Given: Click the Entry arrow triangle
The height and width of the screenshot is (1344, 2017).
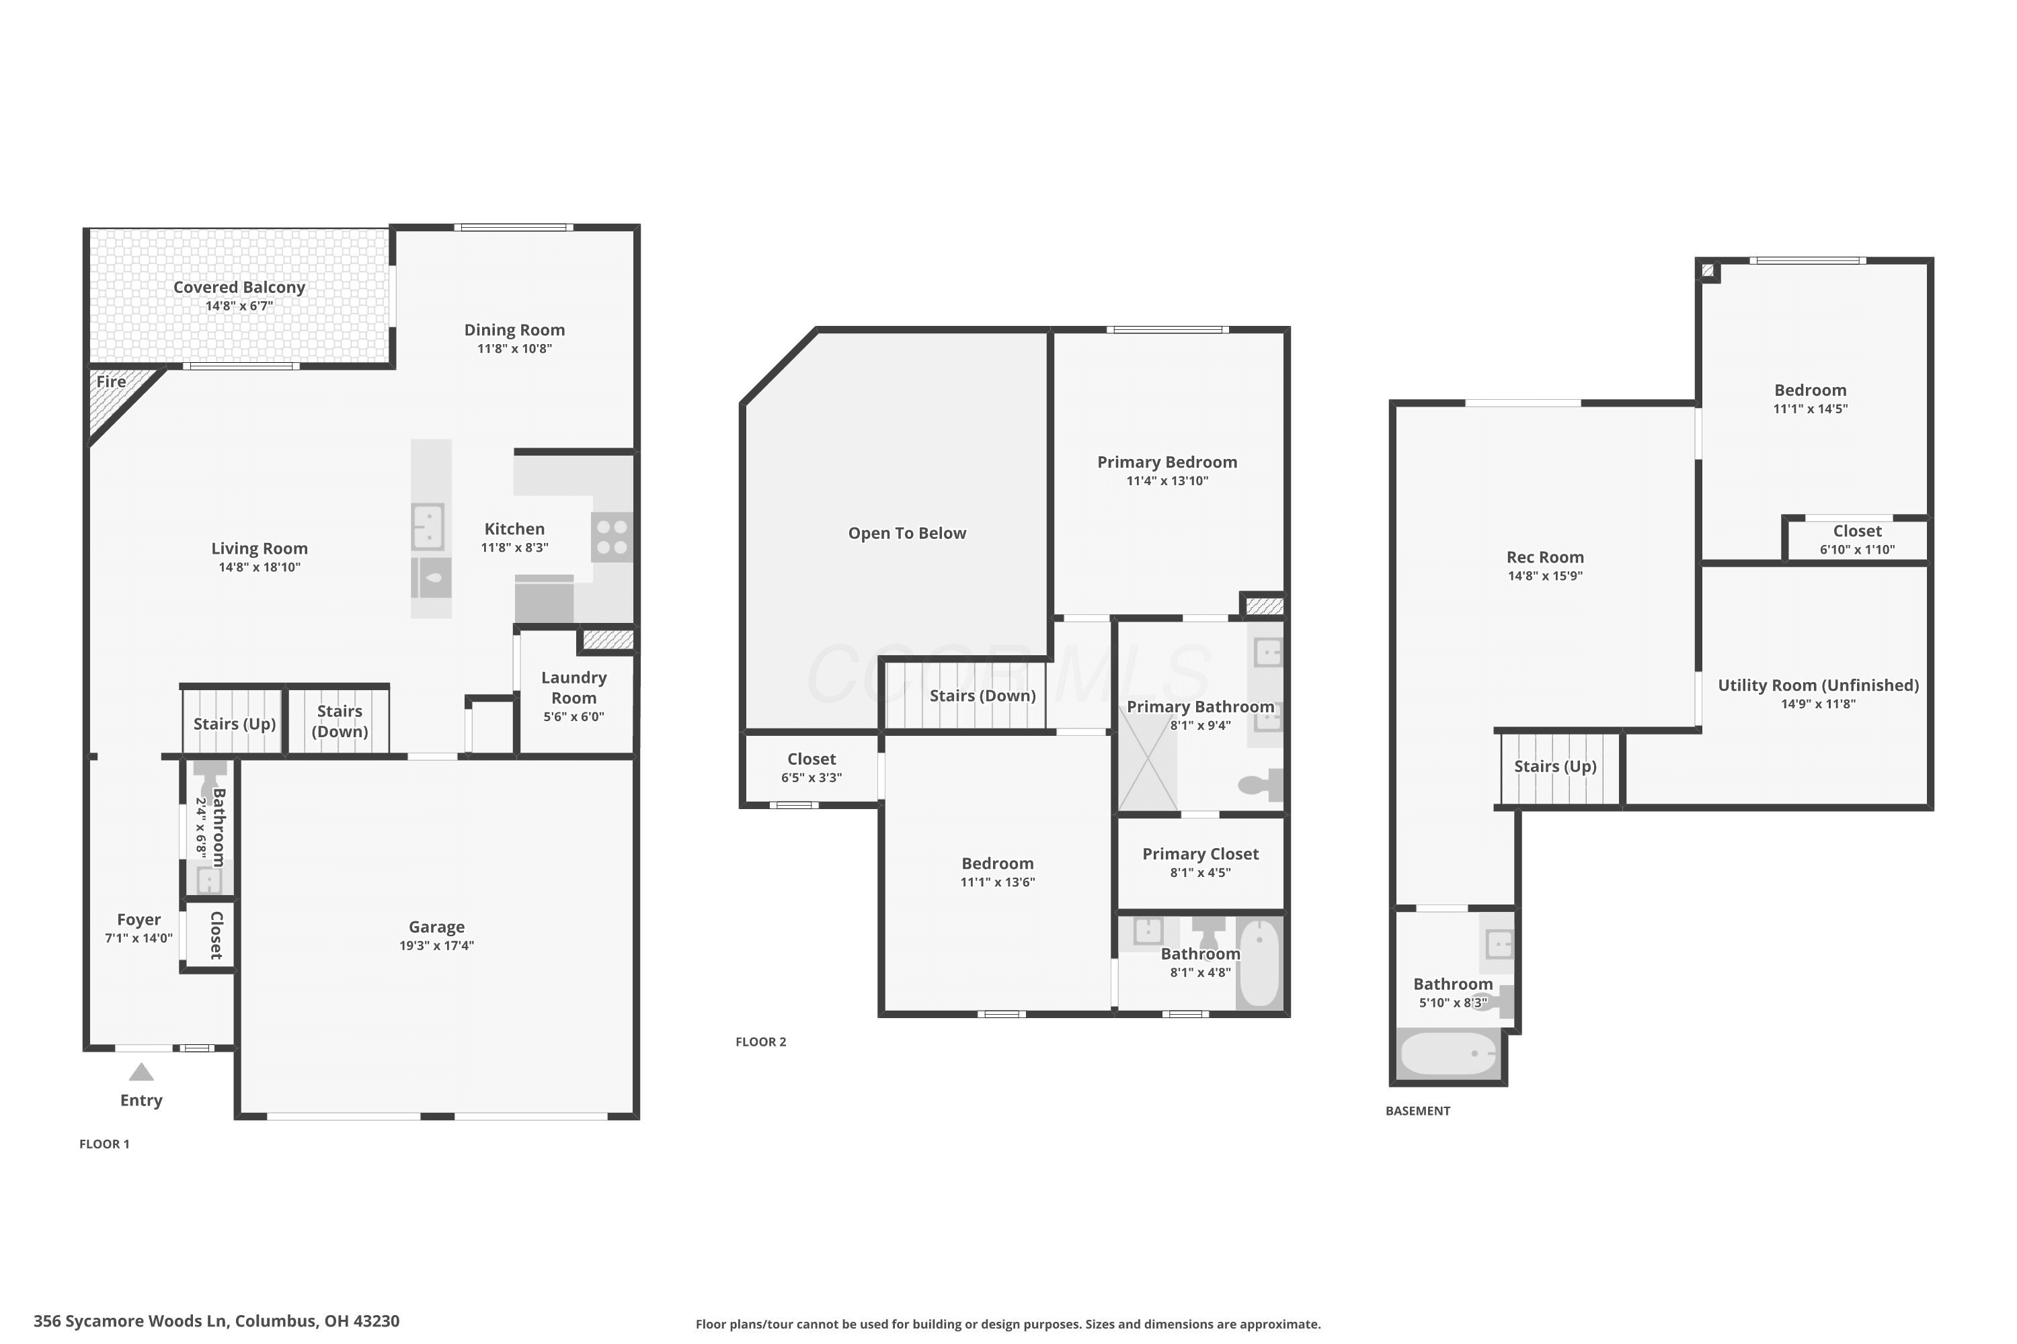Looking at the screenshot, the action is pos(141,1073).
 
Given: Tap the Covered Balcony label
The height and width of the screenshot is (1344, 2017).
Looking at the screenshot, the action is pos(239,287).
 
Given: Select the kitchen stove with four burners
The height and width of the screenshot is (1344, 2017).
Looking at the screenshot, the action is pos(612,538).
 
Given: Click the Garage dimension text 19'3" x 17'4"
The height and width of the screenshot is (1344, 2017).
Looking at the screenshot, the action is pos(436,946).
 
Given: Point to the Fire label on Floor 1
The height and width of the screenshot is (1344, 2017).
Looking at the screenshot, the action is pos(112,382).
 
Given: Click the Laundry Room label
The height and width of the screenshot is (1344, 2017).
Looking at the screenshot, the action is pos(574,687).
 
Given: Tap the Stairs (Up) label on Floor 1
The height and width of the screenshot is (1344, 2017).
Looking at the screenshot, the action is pos(234,724).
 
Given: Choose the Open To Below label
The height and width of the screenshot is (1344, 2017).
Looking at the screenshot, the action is pos(907,533).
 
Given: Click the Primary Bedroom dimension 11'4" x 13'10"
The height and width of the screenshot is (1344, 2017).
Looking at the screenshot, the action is pos(1167,481).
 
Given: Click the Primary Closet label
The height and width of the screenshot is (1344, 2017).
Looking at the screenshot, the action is pos(1201,853).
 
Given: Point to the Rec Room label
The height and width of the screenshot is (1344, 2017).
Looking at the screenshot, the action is pos(1545,557).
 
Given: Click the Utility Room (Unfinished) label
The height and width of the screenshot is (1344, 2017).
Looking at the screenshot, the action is pos(1818,685).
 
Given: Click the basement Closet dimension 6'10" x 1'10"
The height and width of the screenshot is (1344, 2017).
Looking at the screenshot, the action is pos(1858,550).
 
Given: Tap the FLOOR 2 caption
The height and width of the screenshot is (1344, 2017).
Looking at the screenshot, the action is pos(760,1042).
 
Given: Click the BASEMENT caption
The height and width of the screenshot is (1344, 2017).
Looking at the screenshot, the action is pos(1417,1111).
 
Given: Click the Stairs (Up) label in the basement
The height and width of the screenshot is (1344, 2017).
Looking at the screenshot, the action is pos(1554,766).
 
